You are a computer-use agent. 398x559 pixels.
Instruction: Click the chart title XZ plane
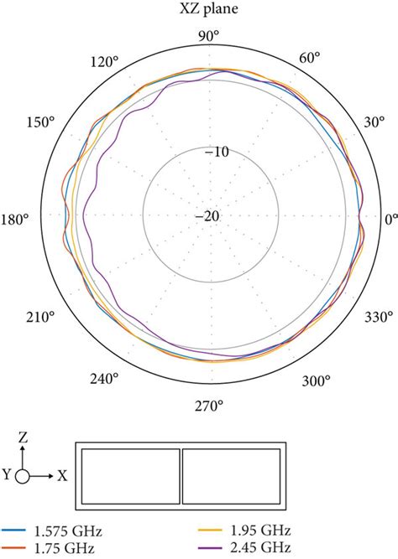coord(208,8)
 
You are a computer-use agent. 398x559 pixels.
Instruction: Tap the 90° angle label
coord(208,36)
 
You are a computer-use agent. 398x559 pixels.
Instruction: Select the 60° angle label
coord(309,57)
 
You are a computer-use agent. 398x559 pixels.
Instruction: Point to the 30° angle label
coord(374,122)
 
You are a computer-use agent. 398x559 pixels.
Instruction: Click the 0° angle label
coord(391,220)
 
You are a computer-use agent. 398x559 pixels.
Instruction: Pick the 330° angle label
coord(379,317)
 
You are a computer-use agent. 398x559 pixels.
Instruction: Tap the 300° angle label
coord(316,381)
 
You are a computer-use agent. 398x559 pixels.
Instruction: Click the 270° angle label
coord(209,406)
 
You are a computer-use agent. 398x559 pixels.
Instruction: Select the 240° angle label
coord(104,379)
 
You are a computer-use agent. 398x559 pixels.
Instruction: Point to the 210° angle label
coord(40,317)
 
